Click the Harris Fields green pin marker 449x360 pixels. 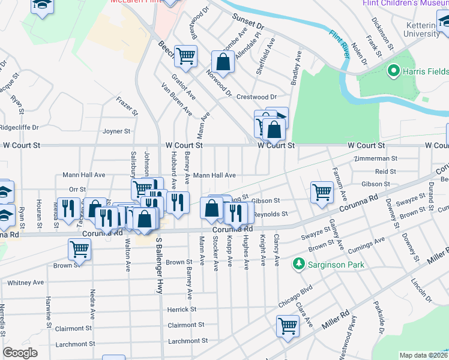(x=394, y=72)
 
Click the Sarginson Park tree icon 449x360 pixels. (x=298, y=264)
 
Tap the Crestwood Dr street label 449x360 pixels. (x=256, y=97)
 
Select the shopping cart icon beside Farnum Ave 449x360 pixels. (x=322, y=192)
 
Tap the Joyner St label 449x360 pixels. (x=116, y=131)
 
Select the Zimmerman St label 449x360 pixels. (x=376, y=159)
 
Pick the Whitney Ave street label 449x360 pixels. (x=26, y=282)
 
